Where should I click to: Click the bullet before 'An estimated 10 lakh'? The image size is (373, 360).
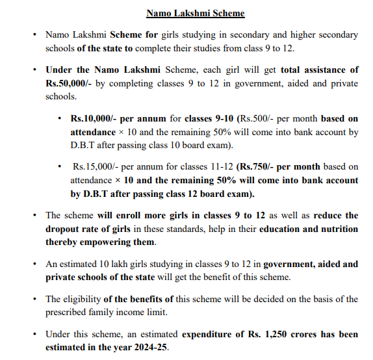[34, 264]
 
